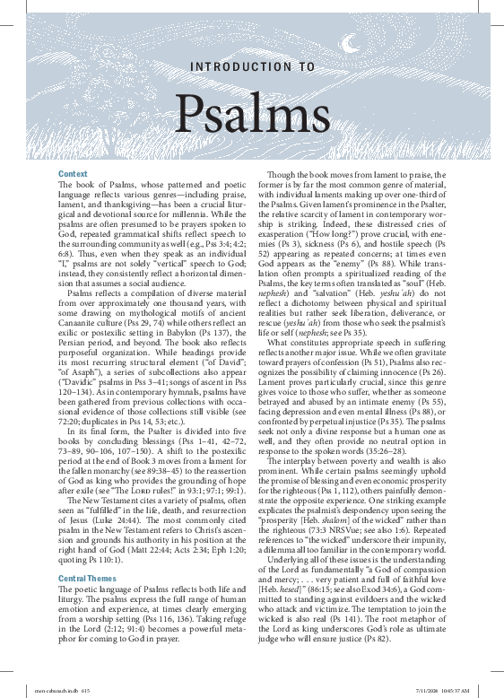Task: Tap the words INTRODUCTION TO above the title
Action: click(x=252, y=66)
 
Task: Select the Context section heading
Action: click(x=73, y=172)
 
